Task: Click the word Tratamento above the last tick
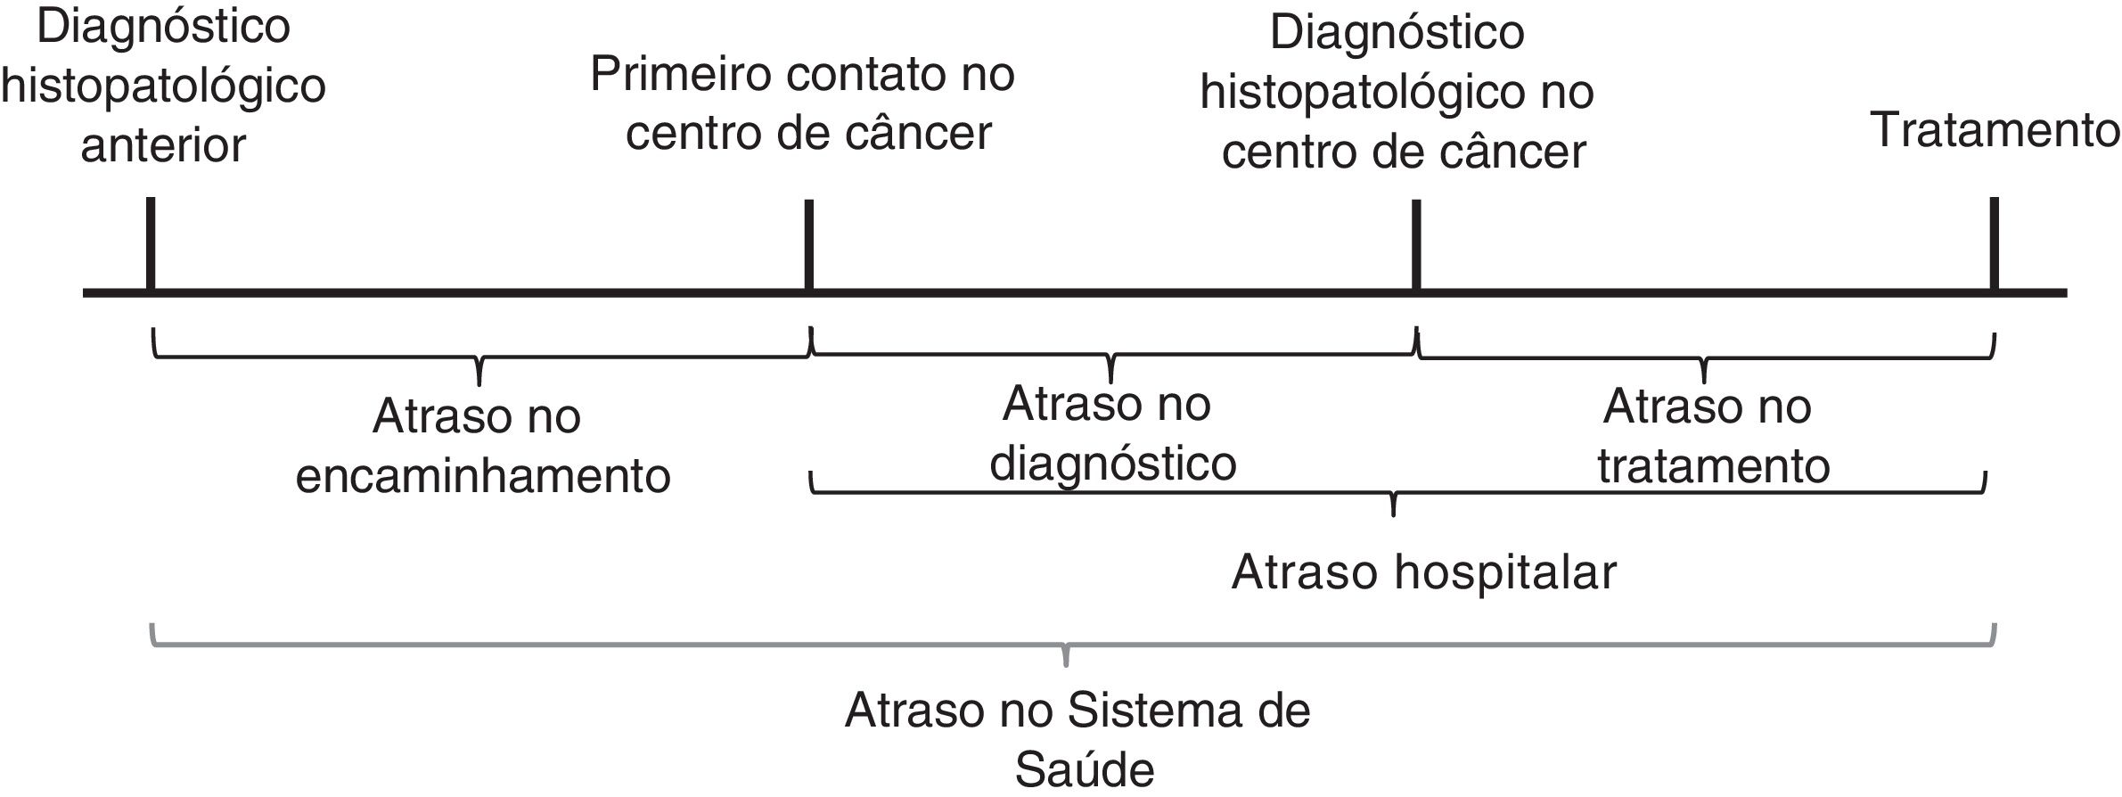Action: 1995,130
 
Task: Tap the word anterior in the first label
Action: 163,145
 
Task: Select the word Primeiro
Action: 682,74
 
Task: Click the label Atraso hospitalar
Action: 1423,571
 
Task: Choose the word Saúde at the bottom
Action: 1085,770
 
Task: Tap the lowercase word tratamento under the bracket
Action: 1713,465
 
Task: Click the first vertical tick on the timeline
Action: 151,243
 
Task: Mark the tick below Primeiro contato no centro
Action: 808,244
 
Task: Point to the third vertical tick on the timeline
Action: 1415,244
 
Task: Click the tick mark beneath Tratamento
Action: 1994,243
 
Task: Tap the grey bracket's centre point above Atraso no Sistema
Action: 1066,658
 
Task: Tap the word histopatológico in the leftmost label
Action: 163,86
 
